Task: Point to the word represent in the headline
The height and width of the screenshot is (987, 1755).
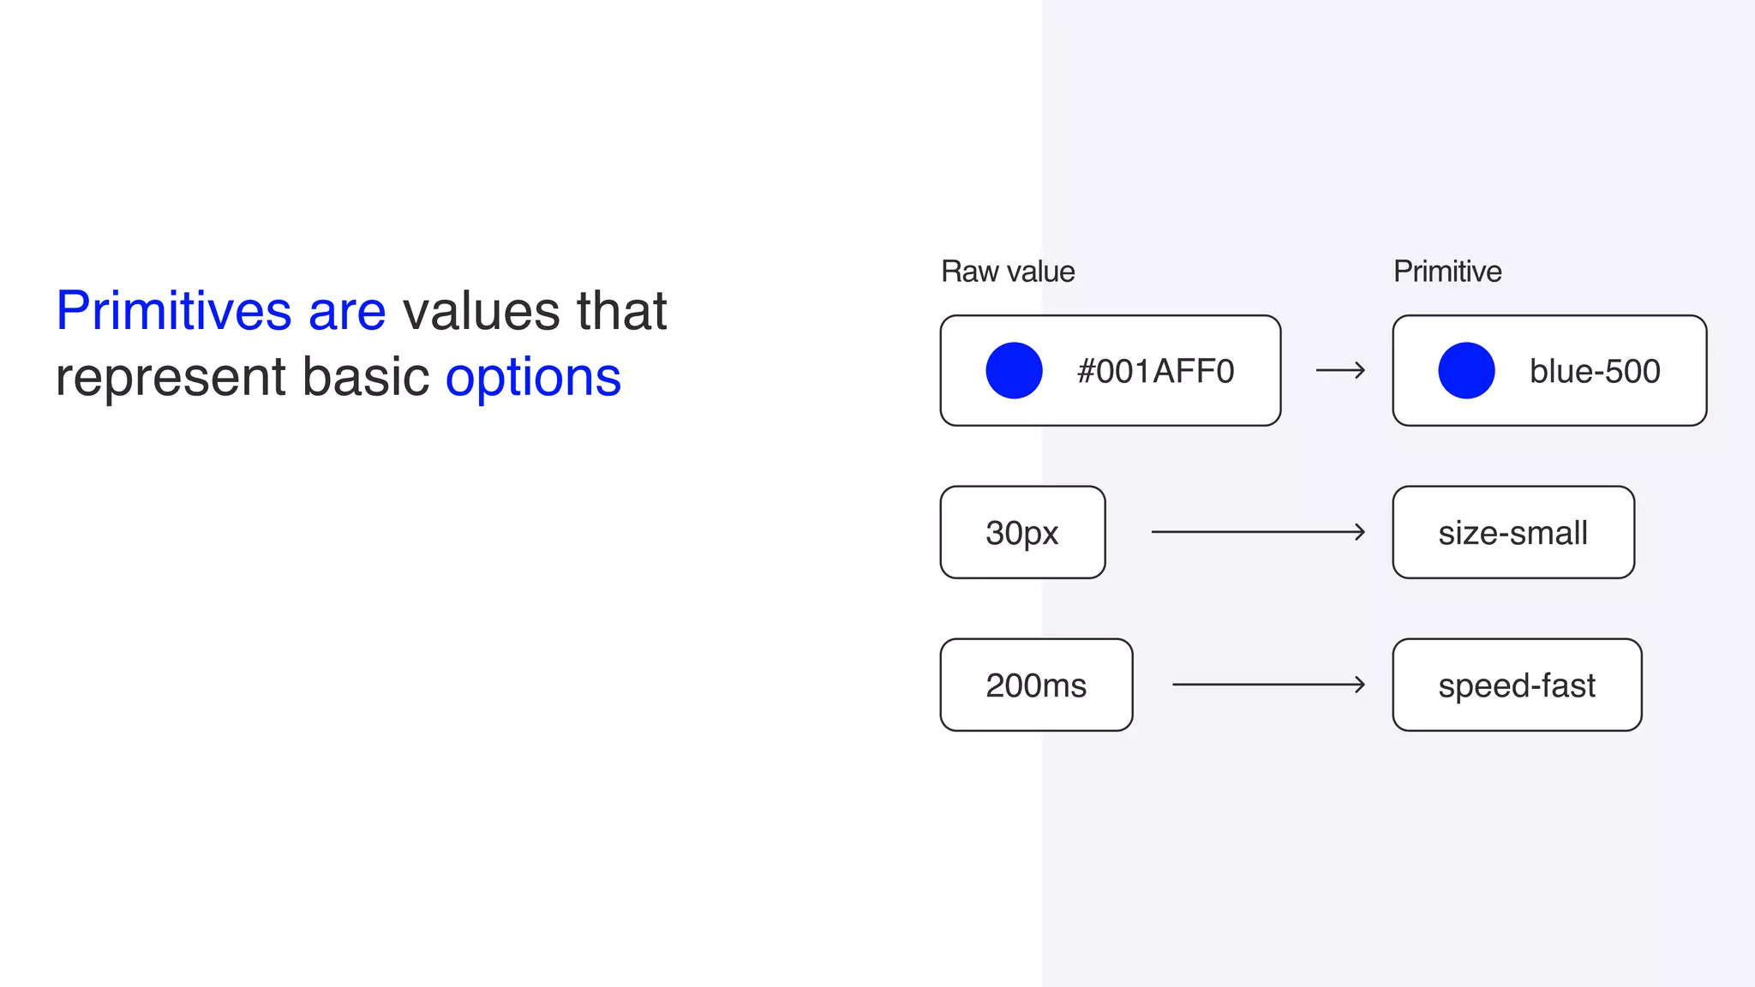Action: point(171,379)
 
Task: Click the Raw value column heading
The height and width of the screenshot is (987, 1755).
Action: point(1008,272)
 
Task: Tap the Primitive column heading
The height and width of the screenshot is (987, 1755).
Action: point(1447,272)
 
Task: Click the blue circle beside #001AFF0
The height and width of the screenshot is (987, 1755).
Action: point(1014,370)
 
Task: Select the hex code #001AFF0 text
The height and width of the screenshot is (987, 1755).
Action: point(1155,371)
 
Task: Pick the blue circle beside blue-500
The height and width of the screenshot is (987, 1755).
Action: point(1466,370)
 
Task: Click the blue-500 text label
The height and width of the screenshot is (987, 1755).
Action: point(1595,371)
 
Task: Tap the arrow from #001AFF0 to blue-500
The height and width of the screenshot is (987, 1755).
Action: point(1340,370)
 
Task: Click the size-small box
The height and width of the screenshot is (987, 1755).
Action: point(1513,532)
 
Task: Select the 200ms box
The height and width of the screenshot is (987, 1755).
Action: point(1036,685)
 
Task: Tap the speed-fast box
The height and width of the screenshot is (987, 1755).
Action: point(1517,685)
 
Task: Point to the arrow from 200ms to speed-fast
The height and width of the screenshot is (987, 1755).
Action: point(1268,685)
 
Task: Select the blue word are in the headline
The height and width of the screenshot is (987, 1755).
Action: point(347,312)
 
